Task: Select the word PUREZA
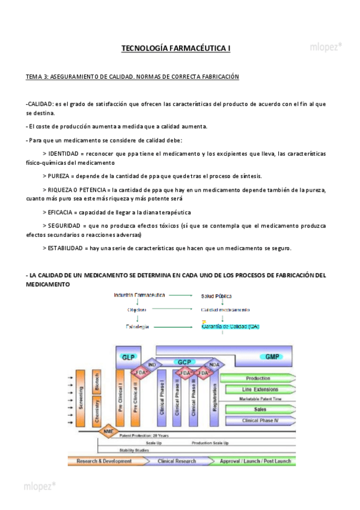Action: click(x=58, y=176)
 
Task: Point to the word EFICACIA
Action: click(x=61, y=212)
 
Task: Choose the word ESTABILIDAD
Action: click(x=65, y=248)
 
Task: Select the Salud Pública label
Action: click(x=216, y=296)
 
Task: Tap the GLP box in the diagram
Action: click(x=128, y=357)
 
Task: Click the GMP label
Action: click(x=272, y=357)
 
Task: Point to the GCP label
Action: click(x=184, y=362)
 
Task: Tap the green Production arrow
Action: click(x=258, y=378)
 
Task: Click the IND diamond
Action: click(x=151, y=364)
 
